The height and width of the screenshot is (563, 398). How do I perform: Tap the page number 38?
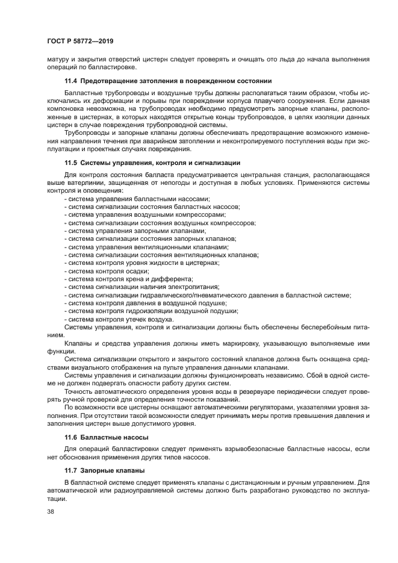[x=51, y=512]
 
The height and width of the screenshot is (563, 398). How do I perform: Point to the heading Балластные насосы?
[x=114, y=437]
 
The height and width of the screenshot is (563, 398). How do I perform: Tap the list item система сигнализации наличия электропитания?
[x=141, y=287]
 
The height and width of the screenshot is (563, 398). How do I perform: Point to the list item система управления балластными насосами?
[x=137, y=199]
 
